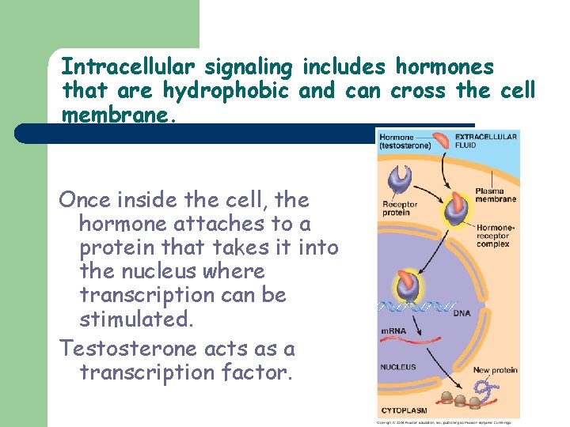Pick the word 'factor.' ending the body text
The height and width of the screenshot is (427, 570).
pos(260,372)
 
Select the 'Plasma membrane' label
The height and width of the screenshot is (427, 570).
pos(496,195)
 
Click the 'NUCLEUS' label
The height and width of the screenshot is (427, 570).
pos(397,367)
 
